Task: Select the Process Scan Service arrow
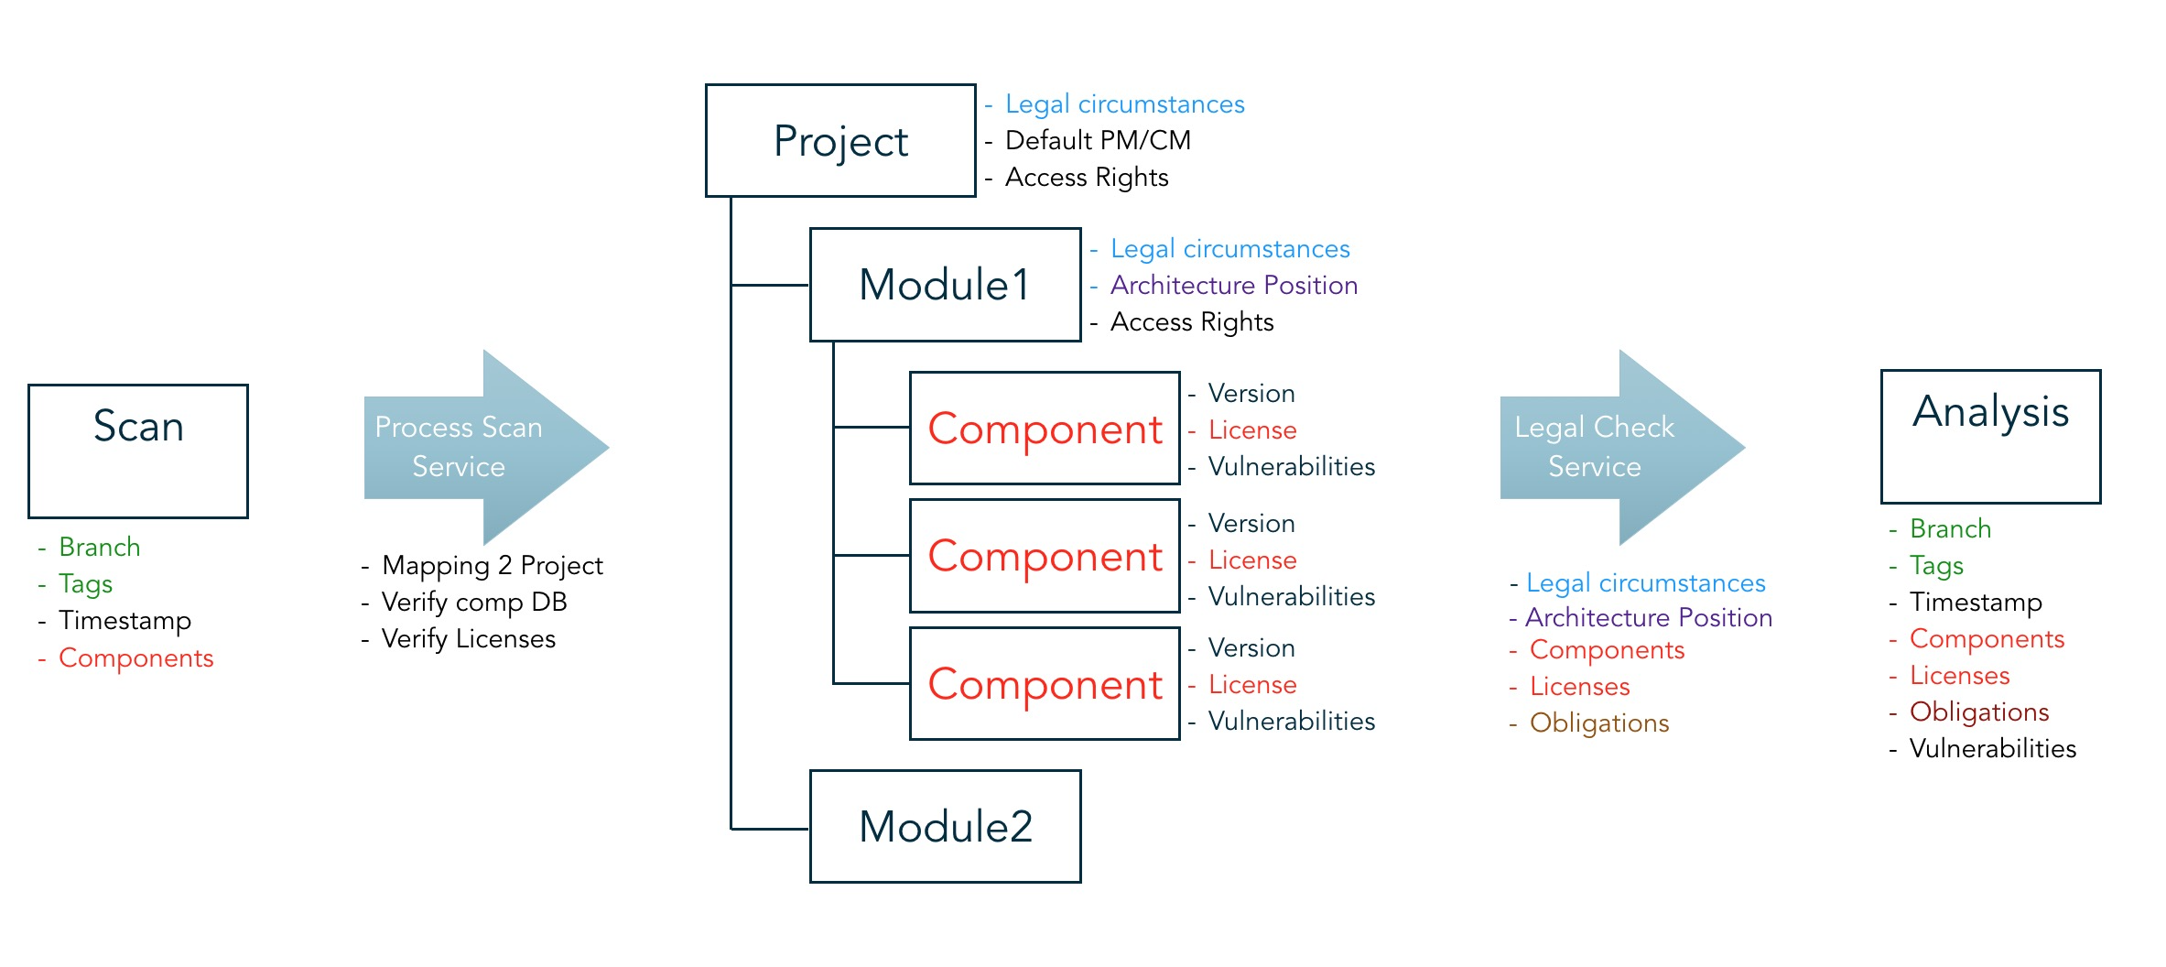[485, 448]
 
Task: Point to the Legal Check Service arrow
[1622, 448]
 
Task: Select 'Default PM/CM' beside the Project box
[1098, 140]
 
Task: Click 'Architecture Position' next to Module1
[1234, 285]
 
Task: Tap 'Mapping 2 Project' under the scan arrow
[493, 566]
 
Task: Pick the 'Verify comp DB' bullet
[474, 602]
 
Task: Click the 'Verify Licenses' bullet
[469, 638]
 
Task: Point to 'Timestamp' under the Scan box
[125, 621]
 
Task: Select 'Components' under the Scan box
[136, 658]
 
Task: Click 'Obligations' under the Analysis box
[1979, 712]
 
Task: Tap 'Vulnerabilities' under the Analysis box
[1993, 748]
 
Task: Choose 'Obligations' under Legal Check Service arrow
[1599, 723]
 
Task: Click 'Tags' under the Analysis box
[1936, 566]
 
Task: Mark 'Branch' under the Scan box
[100, 547]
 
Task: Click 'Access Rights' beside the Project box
[1087, 178]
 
